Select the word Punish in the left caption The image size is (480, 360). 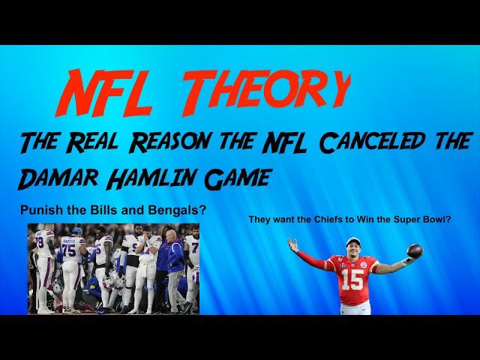point(40,211)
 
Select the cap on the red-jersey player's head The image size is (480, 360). point(352,242)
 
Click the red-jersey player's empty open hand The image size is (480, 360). point(292,245)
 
